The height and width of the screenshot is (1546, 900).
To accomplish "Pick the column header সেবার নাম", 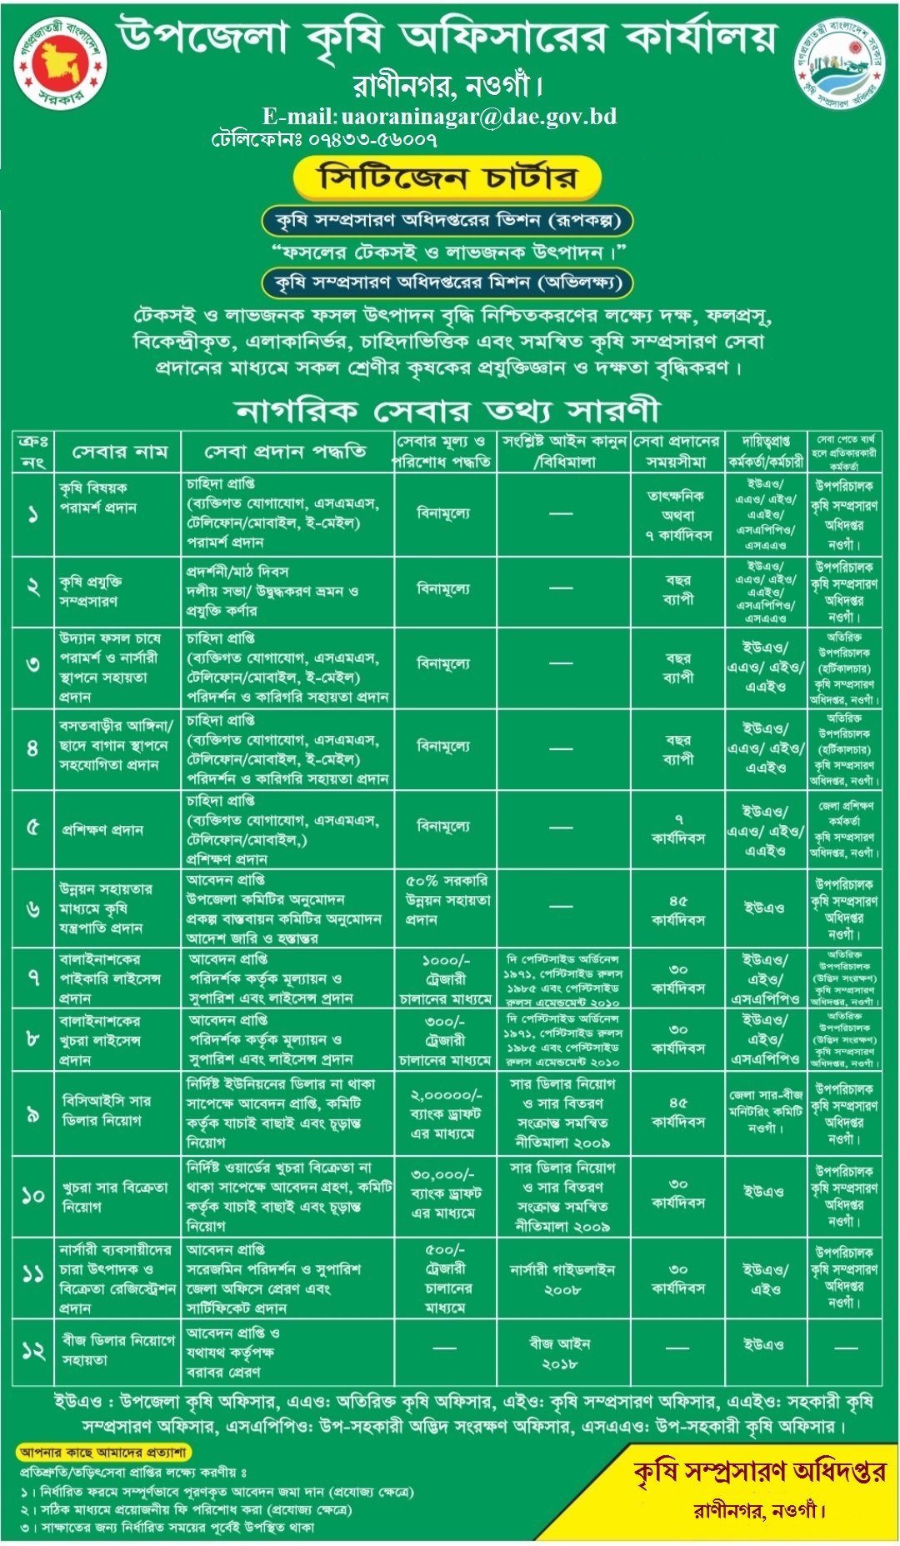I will [x=119, y=452].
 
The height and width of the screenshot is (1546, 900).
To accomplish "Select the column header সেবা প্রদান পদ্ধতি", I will [x=286, y=452].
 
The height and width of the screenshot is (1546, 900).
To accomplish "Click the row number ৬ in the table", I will [x=33, y=908].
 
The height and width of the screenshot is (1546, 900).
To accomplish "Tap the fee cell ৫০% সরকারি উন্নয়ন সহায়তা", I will [x=446, y=900].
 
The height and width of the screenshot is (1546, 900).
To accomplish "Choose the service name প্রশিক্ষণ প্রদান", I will [x=102, y=830].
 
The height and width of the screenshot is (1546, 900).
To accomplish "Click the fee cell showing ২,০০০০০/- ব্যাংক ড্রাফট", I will [x=445, y=1113].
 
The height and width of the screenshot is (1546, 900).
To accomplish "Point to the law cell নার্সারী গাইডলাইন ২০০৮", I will [x=562, y=1279].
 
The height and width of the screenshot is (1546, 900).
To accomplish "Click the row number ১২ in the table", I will [x=33, y=1350].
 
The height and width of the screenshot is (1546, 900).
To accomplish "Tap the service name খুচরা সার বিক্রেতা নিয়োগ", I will [x=114, y=1196].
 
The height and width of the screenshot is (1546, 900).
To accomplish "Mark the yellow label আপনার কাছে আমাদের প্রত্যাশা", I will [x=103, y=1453].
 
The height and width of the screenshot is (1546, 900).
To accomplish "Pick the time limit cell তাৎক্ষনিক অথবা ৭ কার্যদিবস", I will [x=678, y=515].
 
